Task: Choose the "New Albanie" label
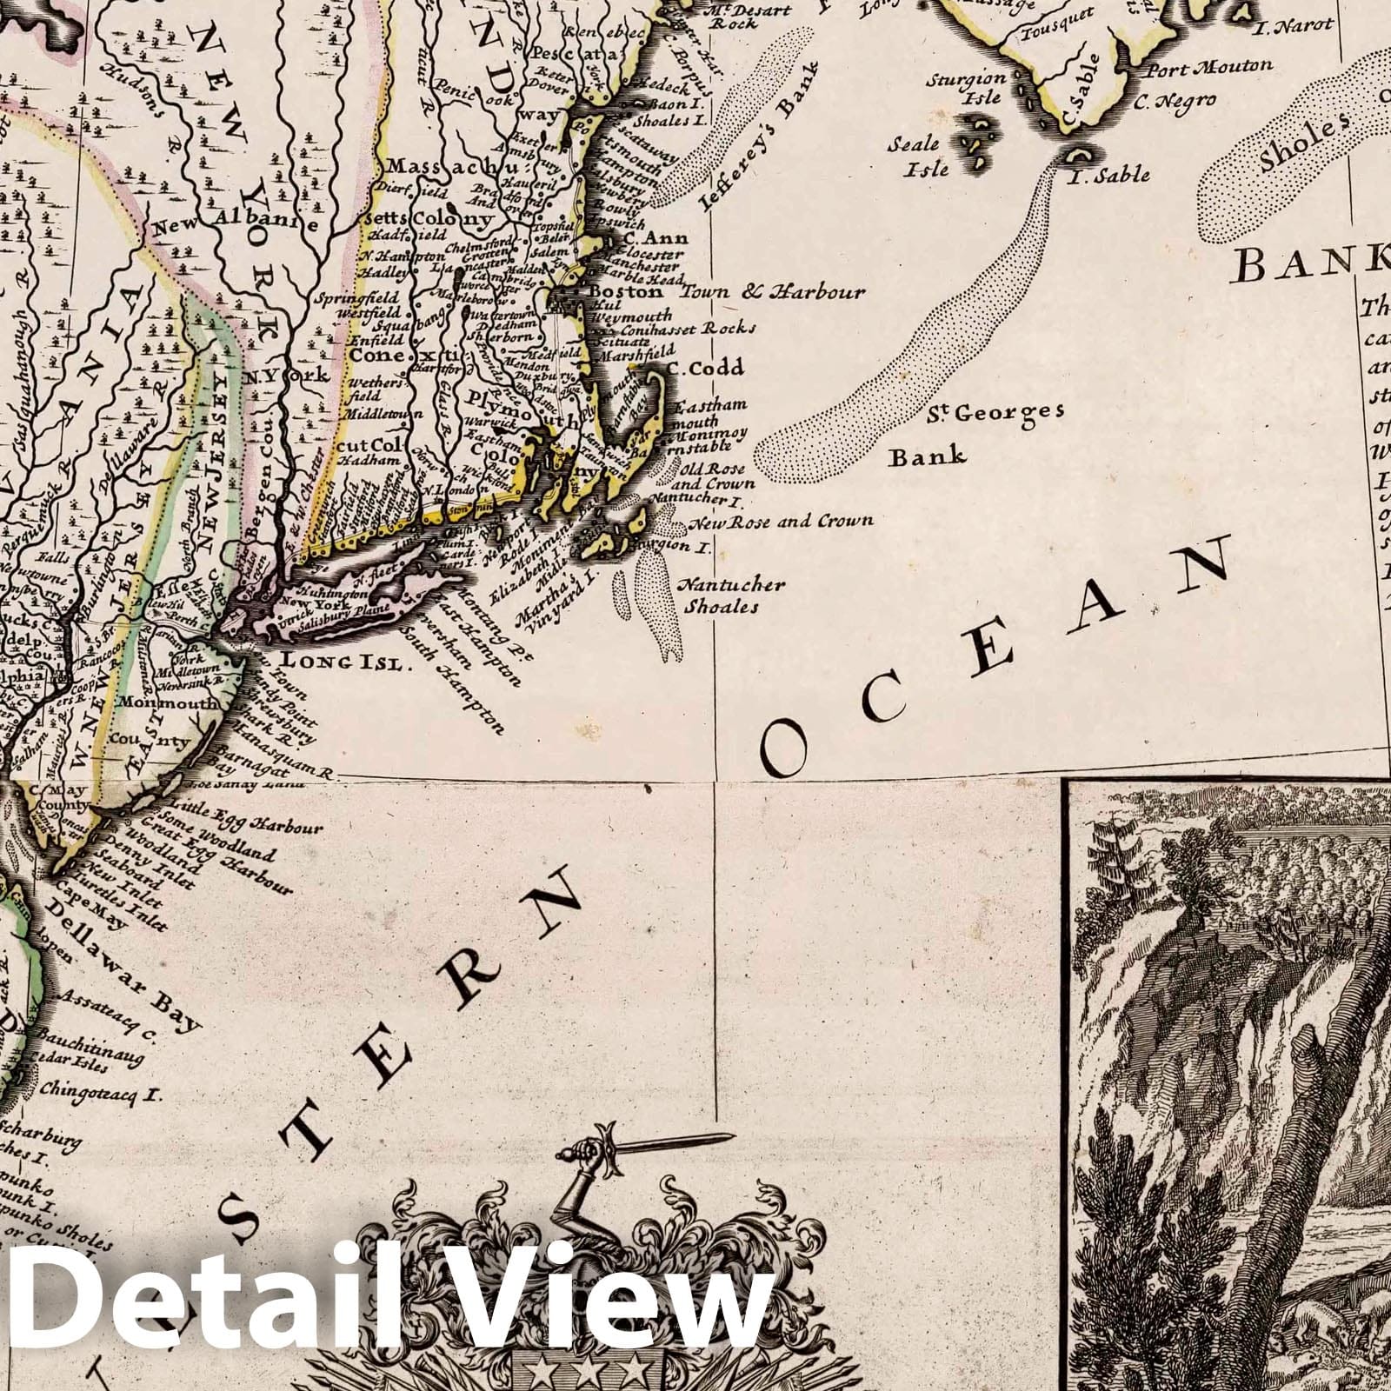click(232, 223)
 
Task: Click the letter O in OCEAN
click(785, 749)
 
